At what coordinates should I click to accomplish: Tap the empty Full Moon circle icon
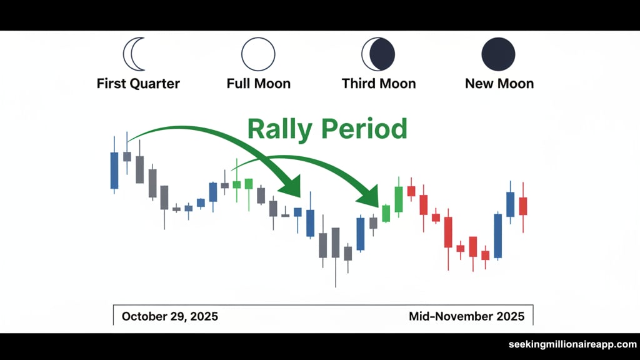258,54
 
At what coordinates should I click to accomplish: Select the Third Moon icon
378,54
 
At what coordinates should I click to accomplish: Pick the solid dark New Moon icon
498,54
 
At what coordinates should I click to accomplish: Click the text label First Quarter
138,83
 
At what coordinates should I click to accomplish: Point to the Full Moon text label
258,83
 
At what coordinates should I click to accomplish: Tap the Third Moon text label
378,83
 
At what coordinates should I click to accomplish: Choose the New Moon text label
499,83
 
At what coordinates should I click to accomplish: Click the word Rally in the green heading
281,129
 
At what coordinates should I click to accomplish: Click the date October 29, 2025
170,316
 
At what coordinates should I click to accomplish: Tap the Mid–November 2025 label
466,316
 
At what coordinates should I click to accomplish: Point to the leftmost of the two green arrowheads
291,187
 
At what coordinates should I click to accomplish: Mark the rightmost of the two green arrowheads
369,196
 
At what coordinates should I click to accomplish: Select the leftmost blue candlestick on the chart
114,169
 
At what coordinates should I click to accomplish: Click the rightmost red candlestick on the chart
522,206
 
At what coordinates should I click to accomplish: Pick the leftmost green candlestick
236,184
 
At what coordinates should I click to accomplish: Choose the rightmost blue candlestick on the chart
510,204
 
